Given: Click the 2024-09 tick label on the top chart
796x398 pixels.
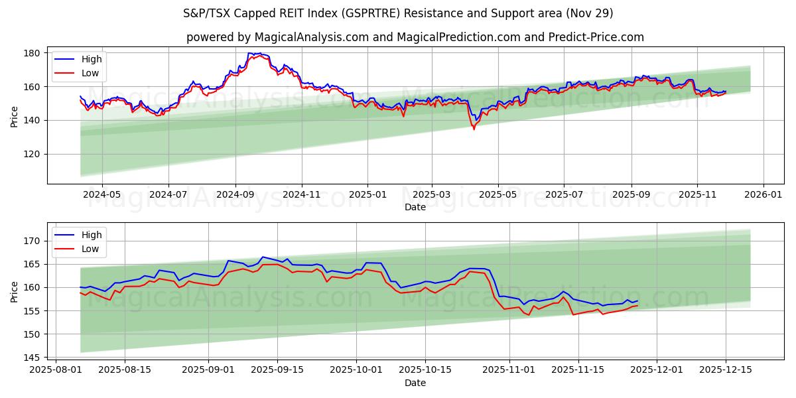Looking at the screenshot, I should (x=235, y=195).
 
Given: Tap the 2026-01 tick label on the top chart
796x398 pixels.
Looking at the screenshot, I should (x=763, y=195).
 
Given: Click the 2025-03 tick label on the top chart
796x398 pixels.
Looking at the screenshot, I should (x=432, y=195).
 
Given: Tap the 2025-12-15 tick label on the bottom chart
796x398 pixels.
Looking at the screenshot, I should (x=726, y=369).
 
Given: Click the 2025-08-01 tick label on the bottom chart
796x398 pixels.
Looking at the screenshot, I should (x=55, y=369).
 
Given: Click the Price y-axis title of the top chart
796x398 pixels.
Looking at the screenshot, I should (x=15, y=115).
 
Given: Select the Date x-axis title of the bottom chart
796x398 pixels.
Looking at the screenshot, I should (x=415, y=383).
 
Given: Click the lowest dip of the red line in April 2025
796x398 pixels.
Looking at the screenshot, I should (x=474, y=129).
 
